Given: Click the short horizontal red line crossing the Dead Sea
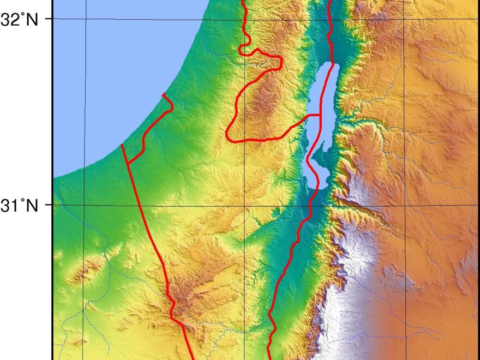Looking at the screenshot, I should point(313,115).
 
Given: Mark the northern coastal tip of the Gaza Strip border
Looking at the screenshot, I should point(163,94).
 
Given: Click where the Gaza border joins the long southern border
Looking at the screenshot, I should point(128,163).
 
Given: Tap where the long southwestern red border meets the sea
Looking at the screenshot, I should point(121,145).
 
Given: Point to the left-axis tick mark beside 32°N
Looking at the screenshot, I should point(50,19).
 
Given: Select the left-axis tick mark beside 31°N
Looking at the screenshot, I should point(50,205).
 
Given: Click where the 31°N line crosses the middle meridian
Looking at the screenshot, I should point(244,205).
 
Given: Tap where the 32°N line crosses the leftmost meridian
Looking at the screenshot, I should point(85,19).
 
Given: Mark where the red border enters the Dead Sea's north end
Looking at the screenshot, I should point(332,64).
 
